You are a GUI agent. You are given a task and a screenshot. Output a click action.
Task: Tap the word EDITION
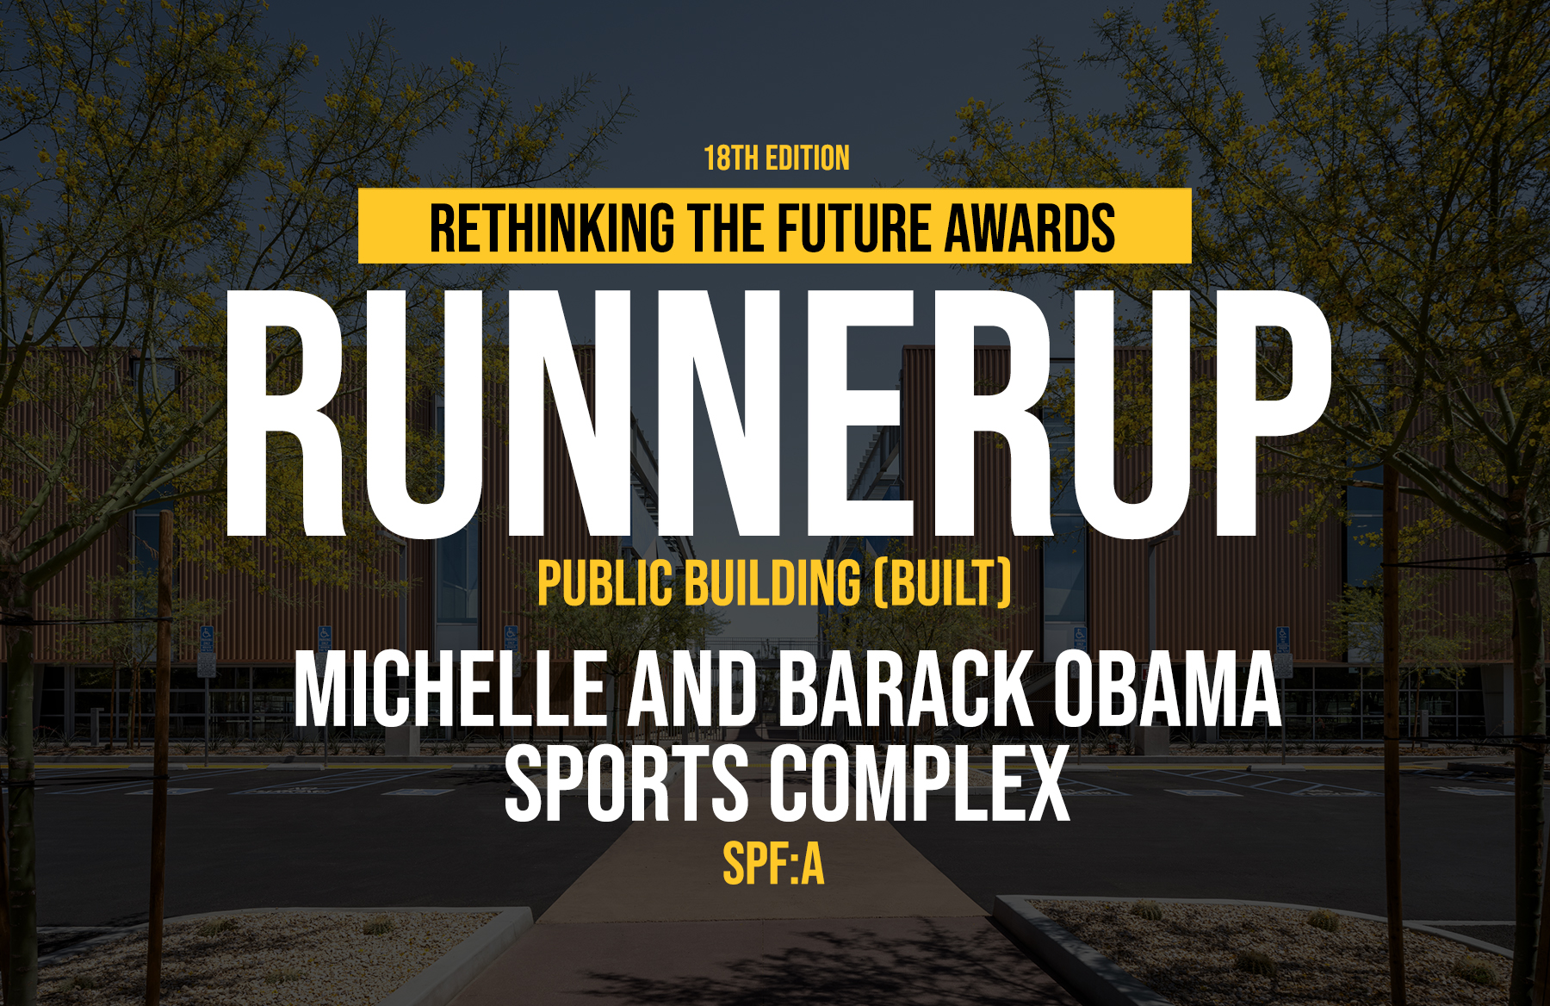pyautogui.click(x=808, y=158)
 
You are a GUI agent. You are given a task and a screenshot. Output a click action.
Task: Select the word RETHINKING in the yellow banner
pyautogui.click(x=552, y=228)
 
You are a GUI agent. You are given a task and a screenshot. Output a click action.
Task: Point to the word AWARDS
pyautogui.click(x=1030, y=228)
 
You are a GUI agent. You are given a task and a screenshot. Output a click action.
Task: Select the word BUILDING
pyautogui.click(x=772, y=583)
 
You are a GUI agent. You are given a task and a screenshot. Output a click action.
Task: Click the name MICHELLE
pyautogui.click(x=451, y=689)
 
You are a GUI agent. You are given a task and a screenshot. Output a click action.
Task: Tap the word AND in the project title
pyautogui.click(x=692, y=689)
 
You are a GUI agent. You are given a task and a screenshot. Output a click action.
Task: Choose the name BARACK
pyautogui.click(x=906, y=689)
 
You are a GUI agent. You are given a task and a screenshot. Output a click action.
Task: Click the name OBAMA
pyautogui.click(x=1167, y=689)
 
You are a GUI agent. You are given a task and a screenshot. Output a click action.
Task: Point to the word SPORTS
pyautogui.click(x=626, y=784)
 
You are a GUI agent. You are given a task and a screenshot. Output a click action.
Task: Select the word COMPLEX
pyautogui.click(x=919, y=784)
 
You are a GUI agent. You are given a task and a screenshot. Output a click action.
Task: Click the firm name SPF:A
pyautogui.click(x=773, y=864)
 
